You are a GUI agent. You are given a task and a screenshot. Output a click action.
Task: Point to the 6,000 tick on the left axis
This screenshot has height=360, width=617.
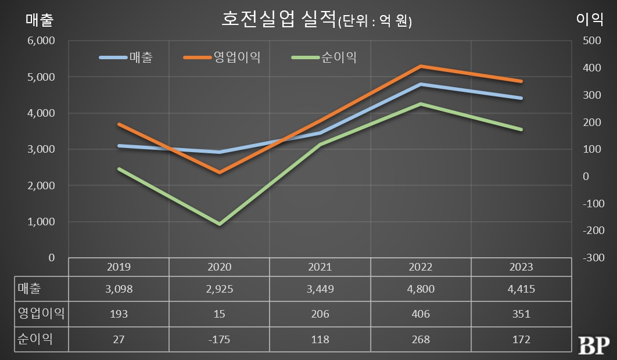click(x=41, y=41)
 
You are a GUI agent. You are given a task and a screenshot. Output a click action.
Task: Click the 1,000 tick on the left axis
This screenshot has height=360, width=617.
click(x=41, y=222)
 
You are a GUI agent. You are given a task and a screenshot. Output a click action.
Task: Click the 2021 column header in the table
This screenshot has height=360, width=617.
click(x=320, y=267)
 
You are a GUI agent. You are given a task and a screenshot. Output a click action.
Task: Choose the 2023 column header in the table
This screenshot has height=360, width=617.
click(x=521, y=267)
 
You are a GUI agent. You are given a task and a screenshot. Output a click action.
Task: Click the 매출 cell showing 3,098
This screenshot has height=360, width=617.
click(x=119, y=289)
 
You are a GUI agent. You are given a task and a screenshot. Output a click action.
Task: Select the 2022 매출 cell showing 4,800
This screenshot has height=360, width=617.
click(x=421, y=289)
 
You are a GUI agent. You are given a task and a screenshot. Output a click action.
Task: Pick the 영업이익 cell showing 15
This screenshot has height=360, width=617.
click(x=220, y=314)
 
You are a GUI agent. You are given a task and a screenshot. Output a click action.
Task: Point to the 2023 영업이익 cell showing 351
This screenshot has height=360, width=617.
click(x=521, y=314)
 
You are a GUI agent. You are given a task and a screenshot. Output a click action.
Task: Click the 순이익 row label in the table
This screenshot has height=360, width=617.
click(x=35, y=339)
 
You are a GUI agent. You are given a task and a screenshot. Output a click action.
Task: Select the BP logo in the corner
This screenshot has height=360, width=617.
click(x=593, y=344)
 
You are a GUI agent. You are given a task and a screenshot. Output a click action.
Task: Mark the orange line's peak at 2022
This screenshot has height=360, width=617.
click(x=421, y=66)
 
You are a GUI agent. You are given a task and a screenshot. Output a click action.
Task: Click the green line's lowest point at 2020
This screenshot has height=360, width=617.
click(x=220, y=224)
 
